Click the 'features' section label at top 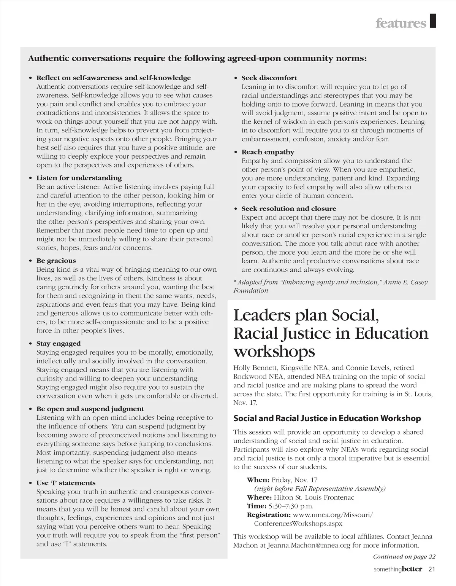click(x=401, y=24)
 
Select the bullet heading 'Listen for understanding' click(x=79, y=178)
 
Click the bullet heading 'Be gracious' click(x=56, y=261)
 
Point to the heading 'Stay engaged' click(x=59, y=344)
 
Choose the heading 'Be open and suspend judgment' click(x=90, y=409)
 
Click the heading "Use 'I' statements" click(x=66, y=483)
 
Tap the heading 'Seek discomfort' click(x=269, y=78)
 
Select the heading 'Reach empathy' click(x=268, y=152)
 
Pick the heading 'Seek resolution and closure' click(x=289, y=209)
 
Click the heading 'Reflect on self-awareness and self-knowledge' click(x=113, y=78)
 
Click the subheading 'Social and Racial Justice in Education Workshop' click(x=327, y=419)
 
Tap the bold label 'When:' click(x=258, y=480)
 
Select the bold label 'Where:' click(x=259, y=497)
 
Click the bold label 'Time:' click(x=256, y=506)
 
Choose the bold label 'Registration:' click(x=269, y=515)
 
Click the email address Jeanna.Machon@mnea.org click(x=309, y=545)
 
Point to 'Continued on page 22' click(x=404, y=557)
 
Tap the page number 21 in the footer click(x=431, y=569)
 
